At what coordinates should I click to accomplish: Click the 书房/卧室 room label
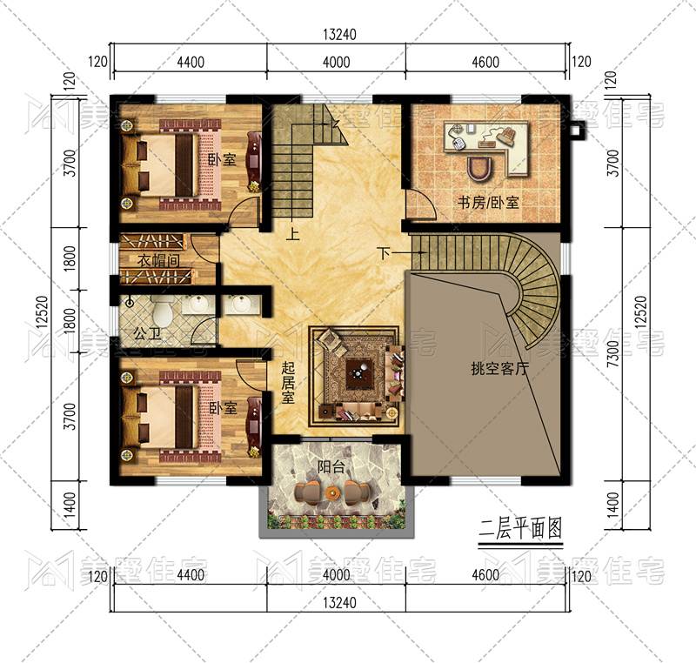488,203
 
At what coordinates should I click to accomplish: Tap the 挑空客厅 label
499,368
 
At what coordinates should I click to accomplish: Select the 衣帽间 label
158,260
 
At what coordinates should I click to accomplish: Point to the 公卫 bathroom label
147,333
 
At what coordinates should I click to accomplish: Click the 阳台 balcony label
331,466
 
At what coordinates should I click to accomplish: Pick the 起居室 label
288,382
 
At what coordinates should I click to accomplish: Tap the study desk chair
480,168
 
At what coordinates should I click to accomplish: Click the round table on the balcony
331,492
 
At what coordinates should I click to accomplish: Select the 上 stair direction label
292,233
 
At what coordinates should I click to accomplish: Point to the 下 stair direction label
384,253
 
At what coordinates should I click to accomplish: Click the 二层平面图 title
520,528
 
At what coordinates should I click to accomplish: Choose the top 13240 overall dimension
339,34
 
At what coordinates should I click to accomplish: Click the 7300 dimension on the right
612,353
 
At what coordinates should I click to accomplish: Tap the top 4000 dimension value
336,62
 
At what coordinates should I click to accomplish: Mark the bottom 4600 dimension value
485,575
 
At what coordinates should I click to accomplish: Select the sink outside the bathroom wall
240,304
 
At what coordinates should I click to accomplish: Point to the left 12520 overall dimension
42,311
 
